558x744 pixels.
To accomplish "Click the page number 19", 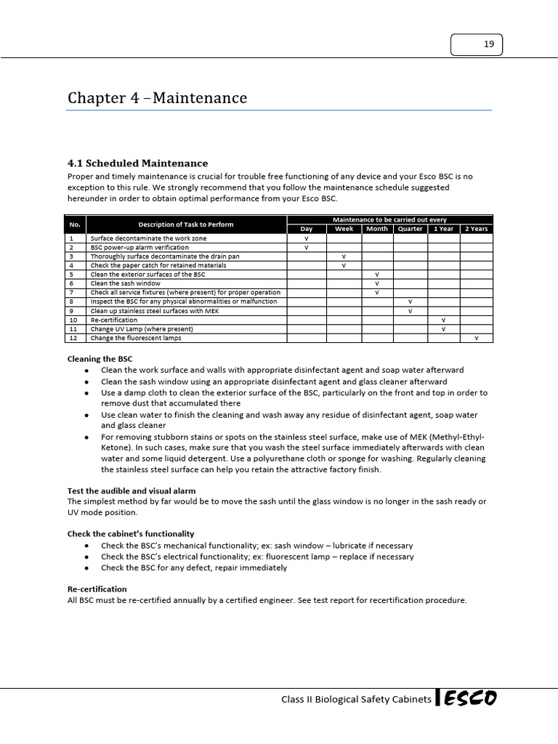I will pyautogui.click(x=488, y=45).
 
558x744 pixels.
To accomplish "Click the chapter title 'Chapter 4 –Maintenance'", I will pyautogui.click(x=157, y=98).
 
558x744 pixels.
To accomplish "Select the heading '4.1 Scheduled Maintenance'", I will pyautogui.click(x=137, y=163).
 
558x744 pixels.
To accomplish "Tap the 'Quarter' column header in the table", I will pyautogui.click(x=411, y=229).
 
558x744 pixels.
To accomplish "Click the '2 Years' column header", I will pyautogui.click(x=477, y=229).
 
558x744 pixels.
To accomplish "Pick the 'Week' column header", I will pyautogui.click(x=344, y=229).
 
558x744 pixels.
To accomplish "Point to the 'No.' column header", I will pyautogui.click(x=75, y=224).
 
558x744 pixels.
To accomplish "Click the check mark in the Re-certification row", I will pyautogui.click(x=443, y=320).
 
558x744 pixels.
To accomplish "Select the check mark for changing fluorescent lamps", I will pyautogui.click(x=477, y=338).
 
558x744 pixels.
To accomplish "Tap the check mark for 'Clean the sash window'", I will pyautogui.click(x=377, y=283).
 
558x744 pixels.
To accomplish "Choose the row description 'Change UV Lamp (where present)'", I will pyautogui.click(x=142, y=329).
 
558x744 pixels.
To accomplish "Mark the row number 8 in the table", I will pyautogui.click(x=72, y=302).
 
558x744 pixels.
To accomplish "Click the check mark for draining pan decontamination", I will pyautogui.click(x=344, y=256).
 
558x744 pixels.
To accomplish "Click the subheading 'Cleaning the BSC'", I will pyautogui.click(x=100, y=359).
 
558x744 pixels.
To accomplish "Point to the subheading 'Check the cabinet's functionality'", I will pyautogui.click(x=130, y=534).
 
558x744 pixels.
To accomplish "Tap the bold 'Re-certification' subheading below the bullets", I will pyautogui.click(x=97, y=589).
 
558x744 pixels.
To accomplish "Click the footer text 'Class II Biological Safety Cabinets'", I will pyautogui.click(x=356, y=700).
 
